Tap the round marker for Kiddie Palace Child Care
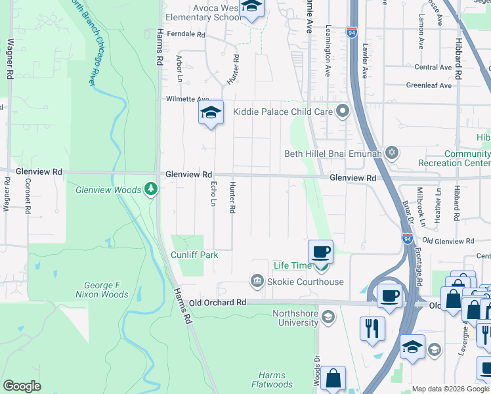click(x=341, y=111)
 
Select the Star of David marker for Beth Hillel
click(x=392, y=153)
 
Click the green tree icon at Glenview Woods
click(x=152, y=190)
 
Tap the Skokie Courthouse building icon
click(x=257, y=282)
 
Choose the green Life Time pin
click(x=321, y=267)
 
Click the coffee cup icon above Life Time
click(x=320, y=252)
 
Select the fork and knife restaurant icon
click(x=374, y=328)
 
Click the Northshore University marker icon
click(x=328, y=318)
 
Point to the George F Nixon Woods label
click(x=106, y=290)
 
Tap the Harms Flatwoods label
click(x=271, y=380)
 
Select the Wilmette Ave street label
click(x=186, y=99)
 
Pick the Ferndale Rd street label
click(x=186, y=33)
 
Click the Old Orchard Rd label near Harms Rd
click(x=217, y=303)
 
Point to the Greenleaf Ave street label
click(x=429, y=85)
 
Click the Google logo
click(x=22, y=386)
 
